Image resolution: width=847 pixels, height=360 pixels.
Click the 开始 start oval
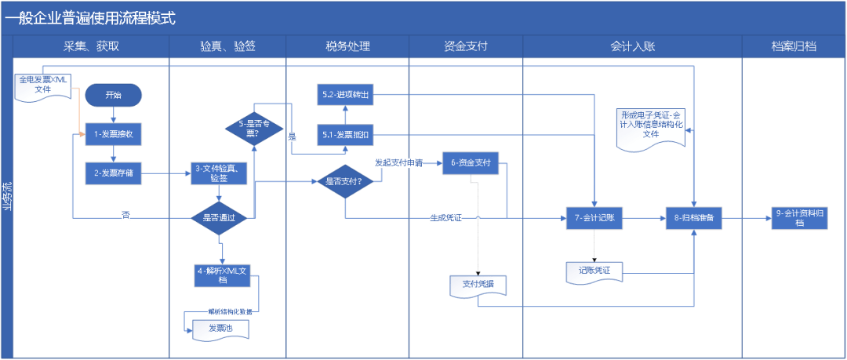point(114,95)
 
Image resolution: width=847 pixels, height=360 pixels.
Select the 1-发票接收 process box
point(113,134)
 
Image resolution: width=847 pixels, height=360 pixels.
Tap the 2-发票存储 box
point(113,173)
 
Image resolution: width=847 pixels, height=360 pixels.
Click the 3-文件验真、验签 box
point(220,173)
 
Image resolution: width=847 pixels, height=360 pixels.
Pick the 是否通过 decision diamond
point(220,217)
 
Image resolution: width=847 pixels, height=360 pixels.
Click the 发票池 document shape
point(221,329)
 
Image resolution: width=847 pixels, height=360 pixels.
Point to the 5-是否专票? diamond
point(254,128)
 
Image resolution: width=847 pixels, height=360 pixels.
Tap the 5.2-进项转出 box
point(345,94)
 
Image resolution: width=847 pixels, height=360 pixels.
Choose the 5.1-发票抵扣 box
point(345,135)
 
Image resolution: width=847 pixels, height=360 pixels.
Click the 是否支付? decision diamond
point(344,181)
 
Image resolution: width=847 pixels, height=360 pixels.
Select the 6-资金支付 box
point(471,162)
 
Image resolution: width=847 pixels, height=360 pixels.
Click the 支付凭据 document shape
point(478,284)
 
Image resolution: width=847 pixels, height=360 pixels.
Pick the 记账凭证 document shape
point(594,271)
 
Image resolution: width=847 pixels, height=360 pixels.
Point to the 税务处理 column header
point(347,46)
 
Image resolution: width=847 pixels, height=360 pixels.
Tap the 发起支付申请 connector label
point(398,163)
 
